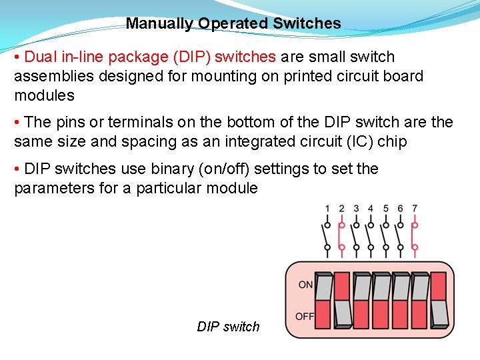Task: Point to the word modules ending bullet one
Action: (44, 95)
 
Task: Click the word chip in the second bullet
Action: (391, 141)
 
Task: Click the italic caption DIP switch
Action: (228, 327)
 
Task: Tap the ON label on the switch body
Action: (305, 285)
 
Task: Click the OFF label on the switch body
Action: (305, 316)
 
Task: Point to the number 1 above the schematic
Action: (327, 209)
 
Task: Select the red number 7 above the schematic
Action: (415, 209)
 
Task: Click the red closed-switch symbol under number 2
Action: (342, 236)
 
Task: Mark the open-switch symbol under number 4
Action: (371, 236)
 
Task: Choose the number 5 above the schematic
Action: (385, 209)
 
